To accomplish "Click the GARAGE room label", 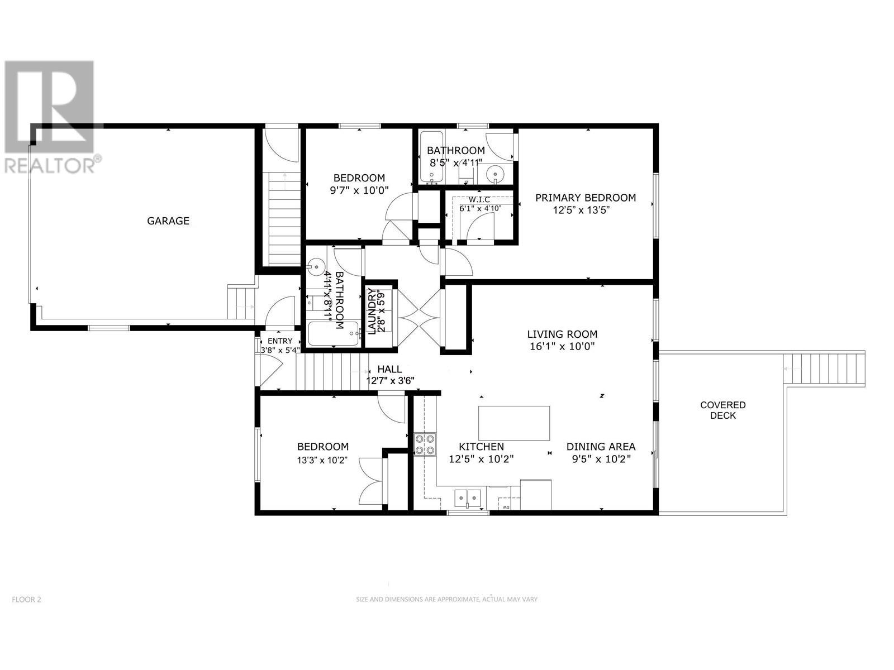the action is [168, 221].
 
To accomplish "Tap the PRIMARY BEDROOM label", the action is [585, 198].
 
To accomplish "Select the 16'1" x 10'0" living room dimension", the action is [562, 347].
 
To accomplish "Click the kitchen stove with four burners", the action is [425, 444].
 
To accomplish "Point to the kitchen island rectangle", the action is [514, 423].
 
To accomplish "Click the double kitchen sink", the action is [468, 497].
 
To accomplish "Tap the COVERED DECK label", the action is [723, 410].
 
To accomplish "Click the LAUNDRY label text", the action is [372, 311].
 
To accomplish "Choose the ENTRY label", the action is [280, 341].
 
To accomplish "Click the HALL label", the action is [389, 369].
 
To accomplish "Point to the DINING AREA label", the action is [601, 447].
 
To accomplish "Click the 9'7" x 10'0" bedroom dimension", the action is [359, 190].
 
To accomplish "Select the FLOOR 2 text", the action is [26, 600].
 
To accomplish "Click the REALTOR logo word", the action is [50, 166].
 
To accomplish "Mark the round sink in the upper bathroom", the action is [494, 176].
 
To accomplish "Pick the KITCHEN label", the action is [481, 447].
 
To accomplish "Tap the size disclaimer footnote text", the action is [446, 599].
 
